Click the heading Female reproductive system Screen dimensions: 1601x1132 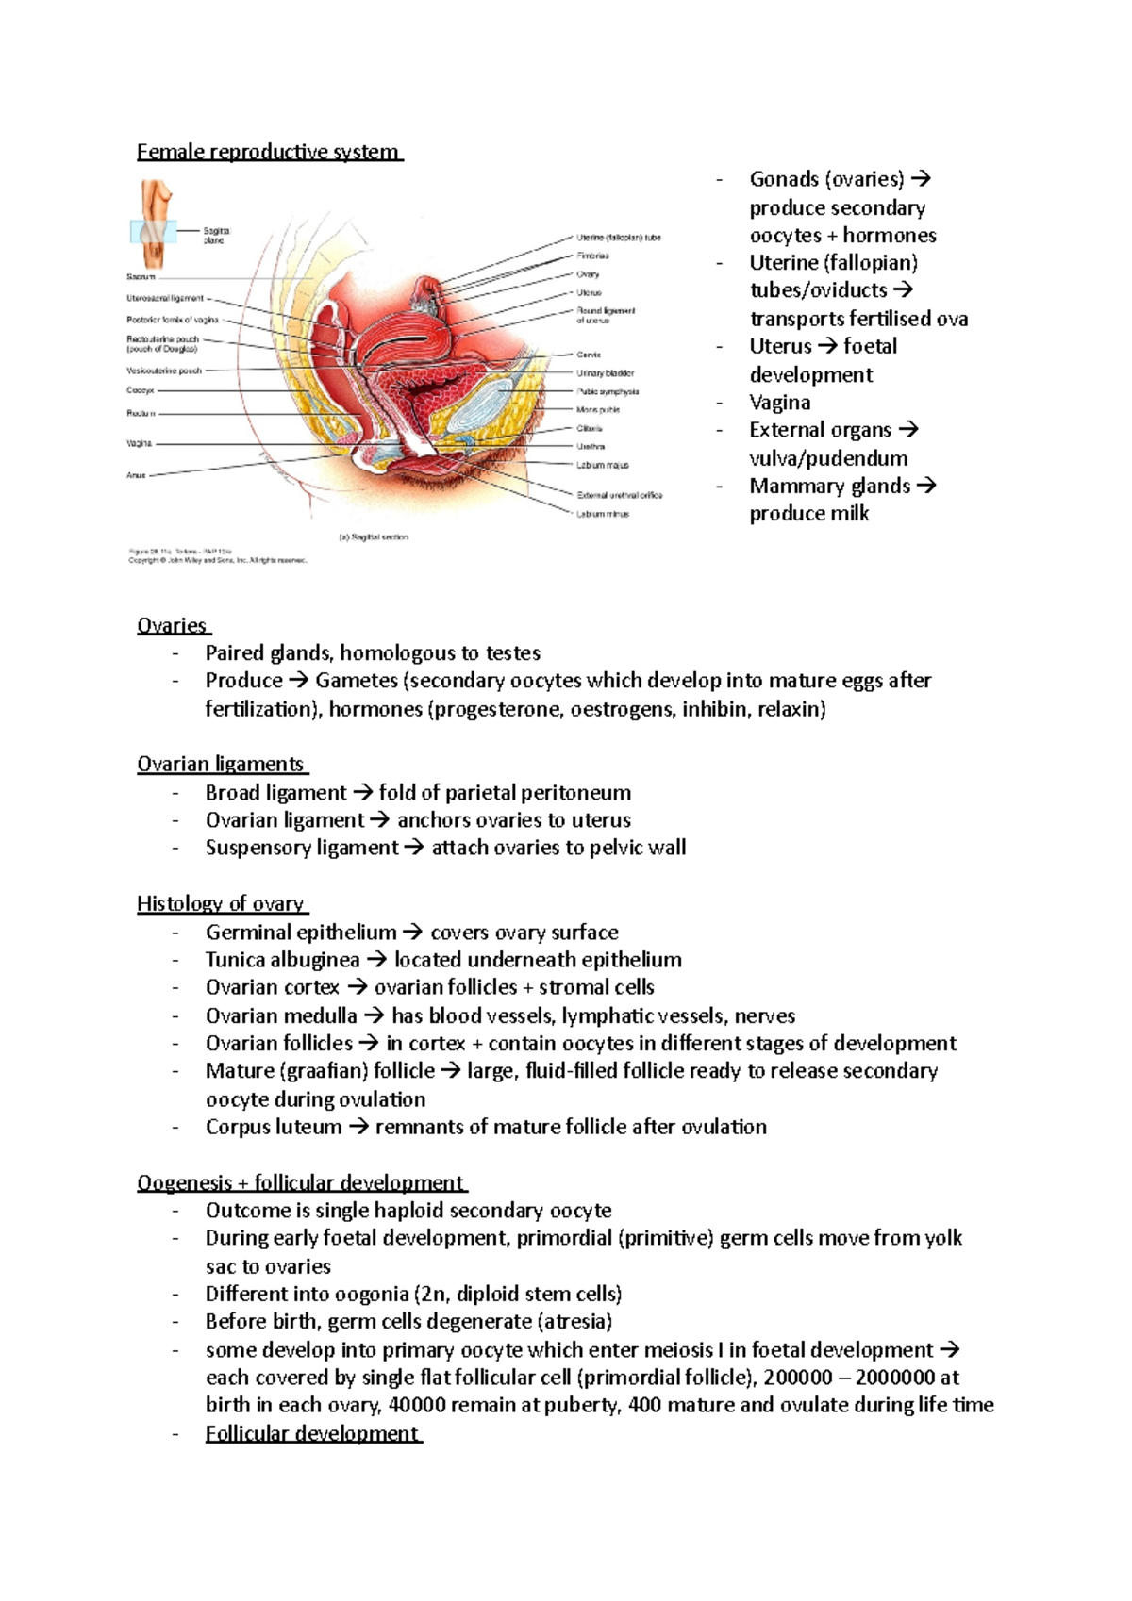269,152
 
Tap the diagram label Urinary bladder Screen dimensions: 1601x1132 605,373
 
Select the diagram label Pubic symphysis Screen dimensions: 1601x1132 608,391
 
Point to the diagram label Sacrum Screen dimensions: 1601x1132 141,277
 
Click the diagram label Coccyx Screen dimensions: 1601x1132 141,390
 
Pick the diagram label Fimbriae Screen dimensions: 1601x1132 592,256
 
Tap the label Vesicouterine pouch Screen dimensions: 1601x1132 164,371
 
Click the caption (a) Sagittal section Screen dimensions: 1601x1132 374,537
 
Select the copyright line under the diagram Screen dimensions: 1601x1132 217,560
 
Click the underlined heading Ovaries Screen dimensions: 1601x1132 173,626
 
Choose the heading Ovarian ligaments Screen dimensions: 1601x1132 221,765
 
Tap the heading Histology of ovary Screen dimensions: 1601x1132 221,904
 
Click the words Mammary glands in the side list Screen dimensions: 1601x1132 829,487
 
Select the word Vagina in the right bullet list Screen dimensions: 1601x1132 779,403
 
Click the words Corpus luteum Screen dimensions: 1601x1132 274,1127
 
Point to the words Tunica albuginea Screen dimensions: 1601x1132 282,960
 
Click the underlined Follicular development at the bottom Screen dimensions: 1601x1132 312,1433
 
